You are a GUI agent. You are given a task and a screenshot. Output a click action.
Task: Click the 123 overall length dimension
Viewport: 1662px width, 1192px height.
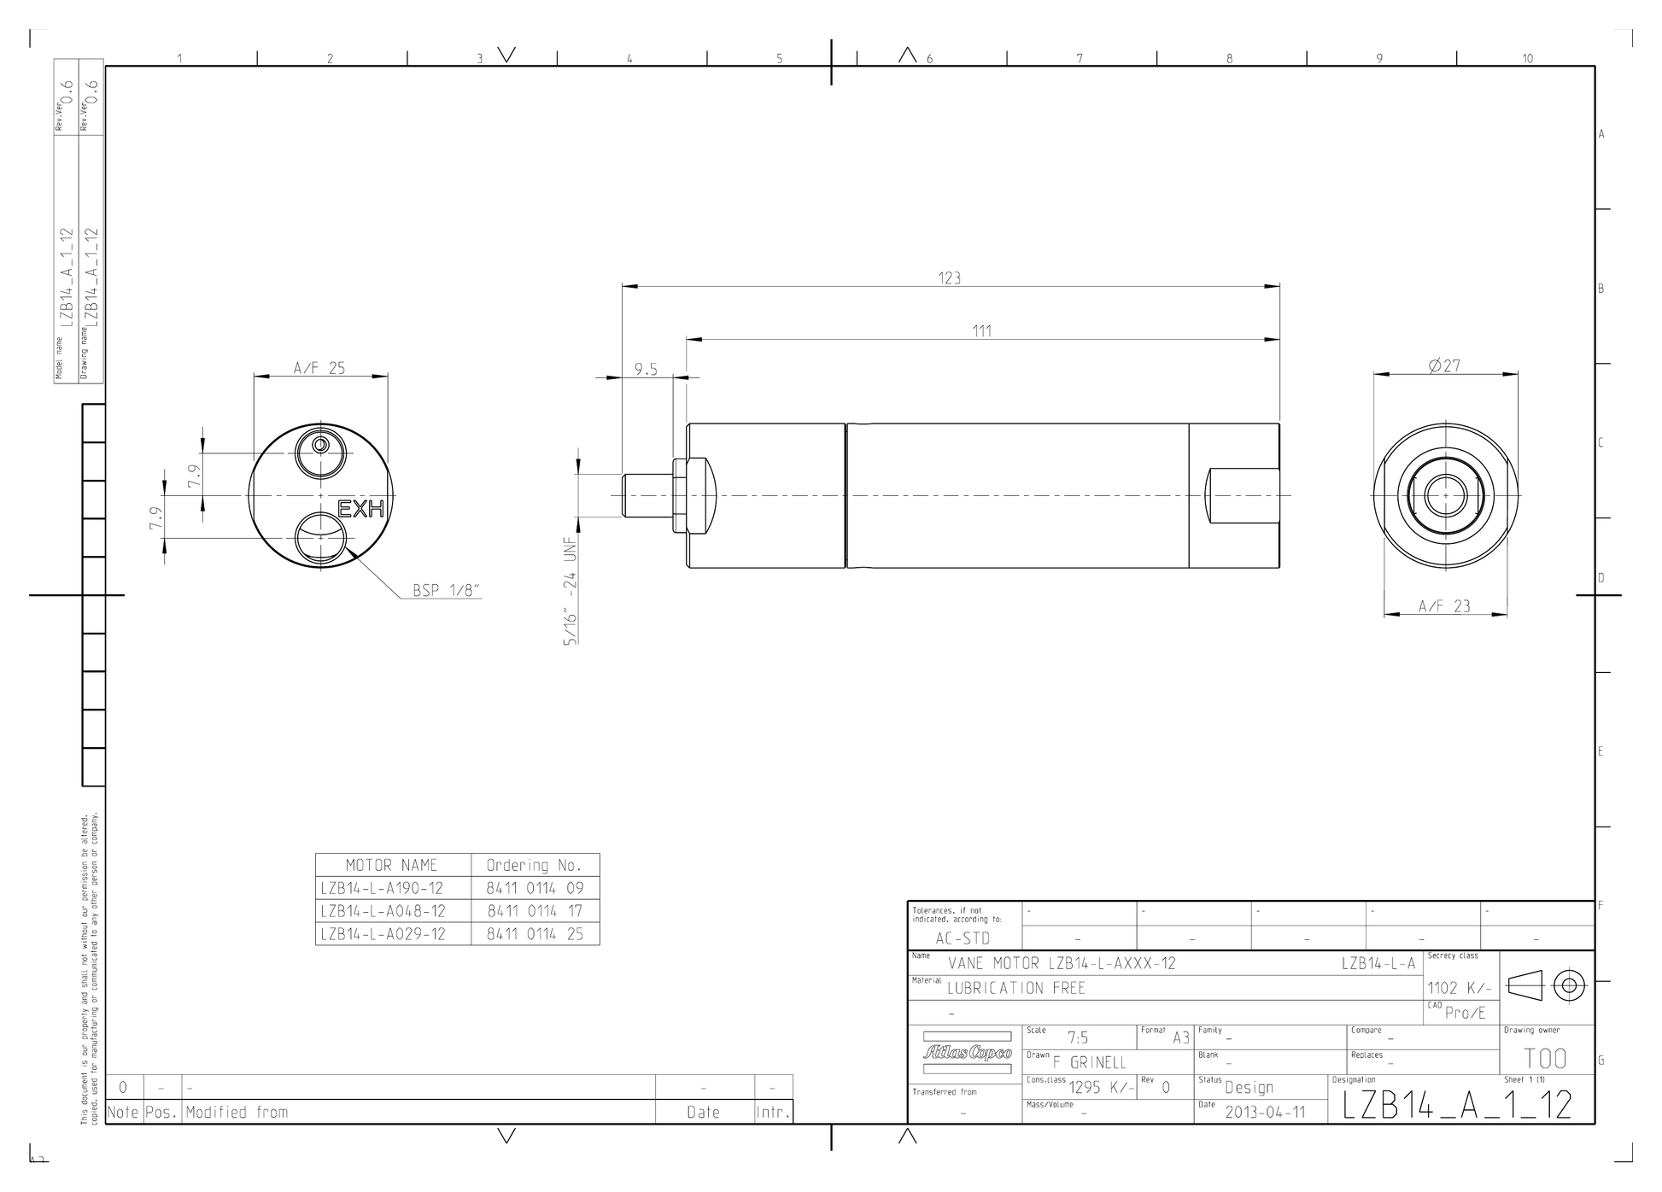949,278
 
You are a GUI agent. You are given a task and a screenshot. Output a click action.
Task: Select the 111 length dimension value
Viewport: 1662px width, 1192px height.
982,331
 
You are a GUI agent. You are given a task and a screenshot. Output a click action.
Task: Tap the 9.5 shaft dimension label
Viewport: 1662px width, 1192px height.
646,370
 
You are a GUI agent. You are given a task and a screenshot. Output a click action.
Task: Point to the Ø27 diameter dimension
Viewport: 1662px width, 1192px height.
1444,366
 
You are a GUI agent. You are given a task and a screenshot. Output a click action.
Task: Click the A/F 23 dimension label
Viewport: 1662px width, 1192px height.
1444,606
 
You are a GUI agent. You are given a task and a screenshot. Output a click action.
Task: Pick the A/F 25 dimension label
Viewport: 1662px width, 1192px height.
319,368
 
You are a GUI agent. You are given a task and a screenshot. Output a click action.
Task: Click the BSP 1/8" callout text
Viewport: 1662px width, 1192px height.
447,590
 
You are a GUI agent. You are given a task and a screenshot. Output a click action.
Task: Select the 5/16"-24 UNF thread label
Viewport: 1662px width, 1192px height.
571,591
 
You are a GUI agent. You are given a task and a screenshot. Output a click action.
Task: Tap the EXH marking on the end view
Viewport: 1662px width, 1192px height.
361,510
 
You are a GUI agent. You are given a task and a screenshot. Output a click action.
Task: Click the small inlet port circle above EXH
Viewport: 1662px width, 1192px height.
320,446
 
